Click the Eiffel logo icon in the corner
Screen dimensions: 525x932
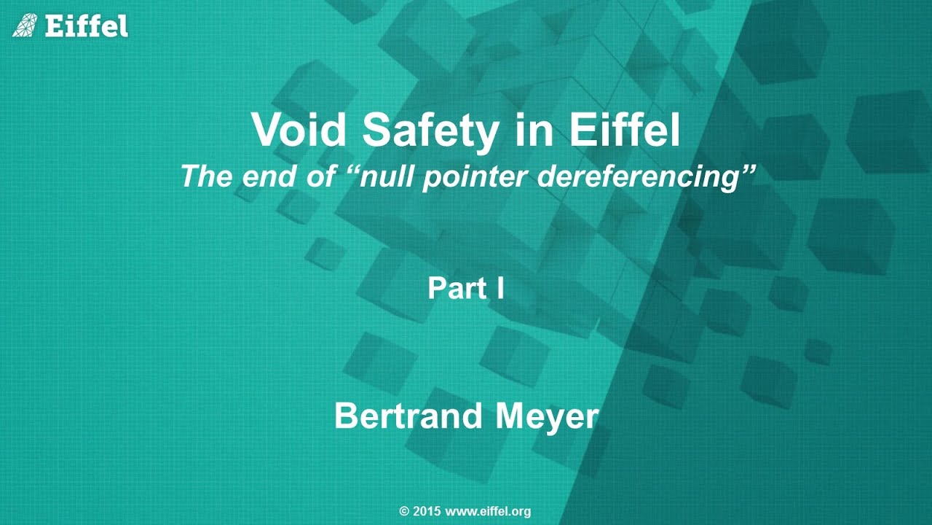[25, 26]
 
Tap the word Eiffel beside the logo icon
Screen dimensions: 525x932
[86, 26]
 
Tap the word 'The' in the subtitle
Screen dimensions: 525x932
[206, 176]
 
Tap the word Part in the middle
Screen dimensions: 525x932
[456, 289]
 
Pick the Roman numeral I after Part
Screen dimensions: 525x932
[500, 289]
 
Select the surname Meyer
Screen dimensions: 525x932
[547, 416]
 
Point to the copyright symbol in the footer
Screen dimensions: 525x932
[405, 511]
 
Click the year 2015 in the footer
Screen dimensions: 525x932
[427, 511]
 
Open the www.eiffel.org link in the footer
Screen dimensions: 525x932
[488, 511]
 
